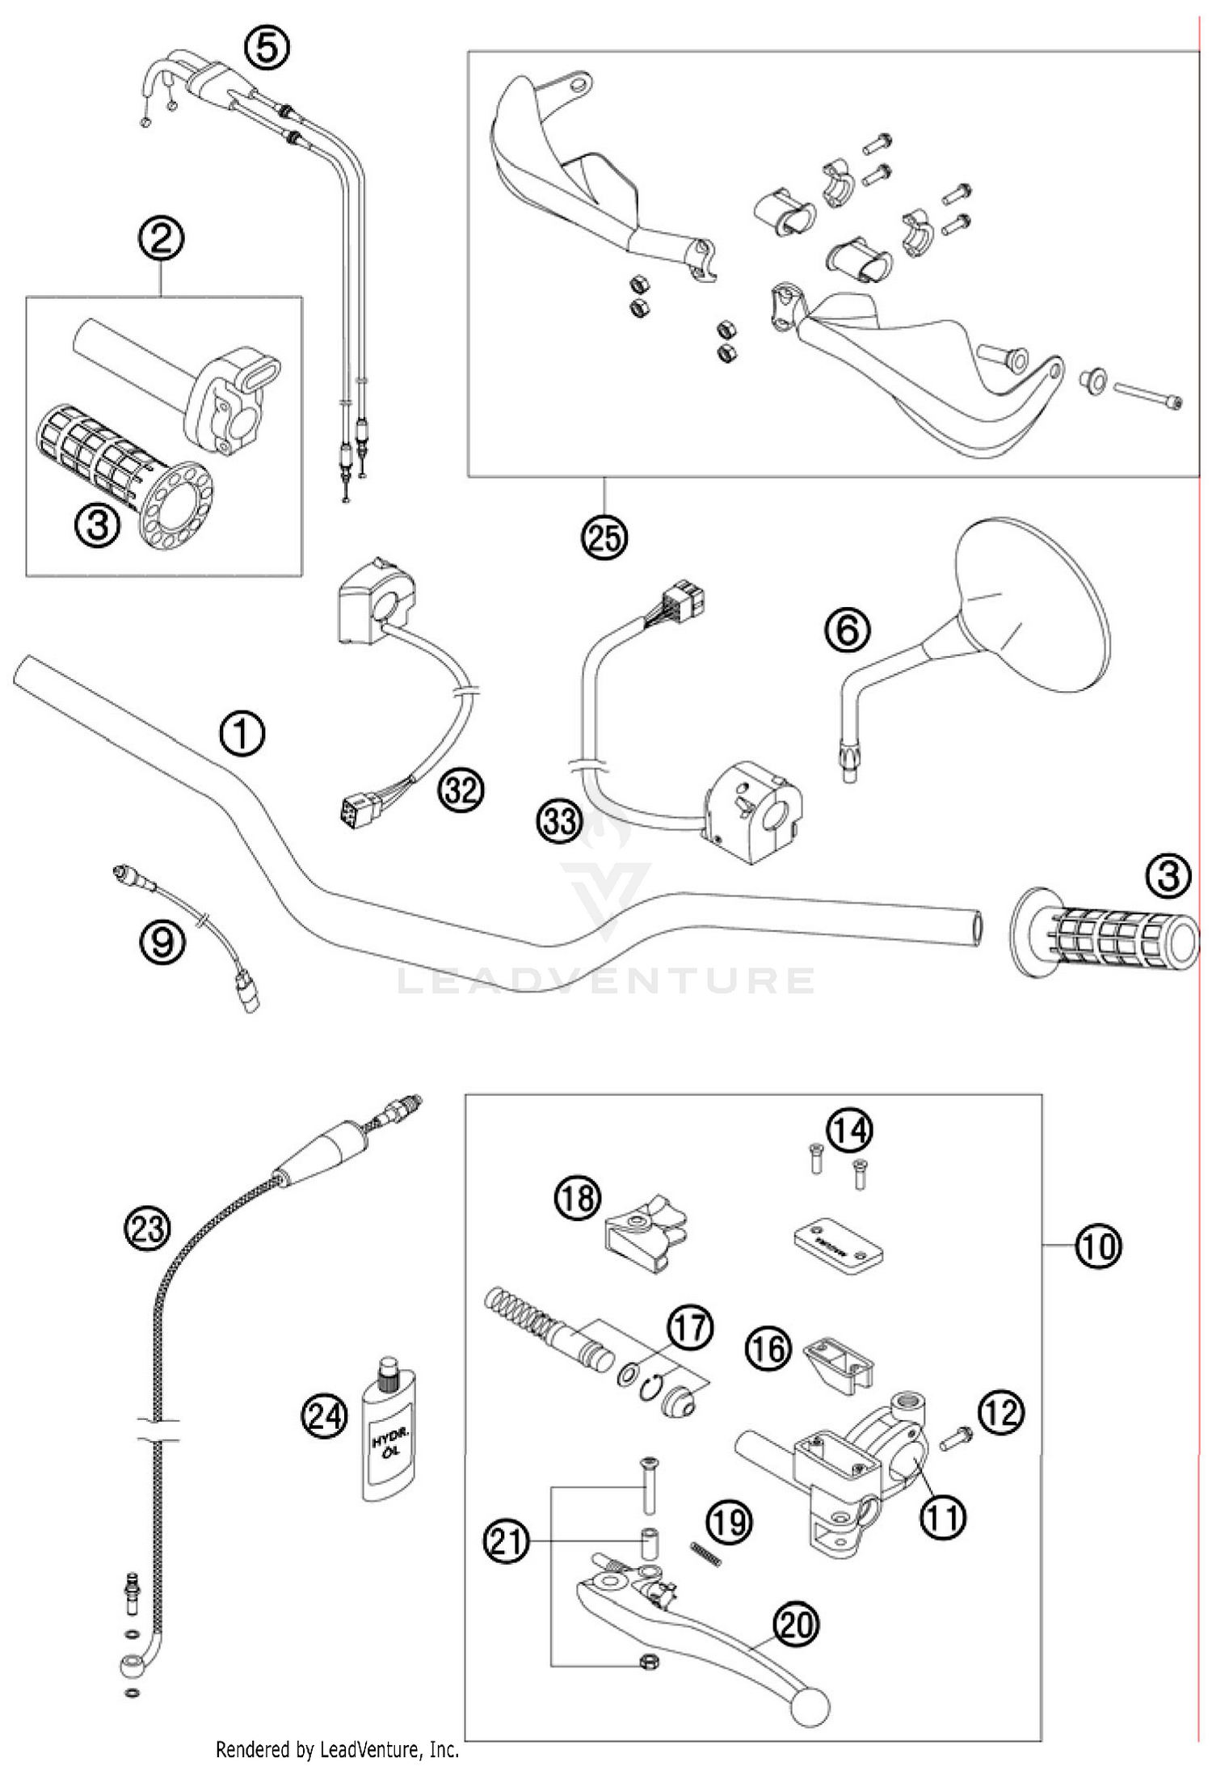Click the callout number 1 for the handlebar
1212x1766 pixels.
tap(242, 734)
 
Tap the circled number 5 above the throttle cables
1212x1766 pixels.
tap(267, 48)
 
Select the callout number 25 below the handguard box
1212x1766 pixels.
tap(604, 536)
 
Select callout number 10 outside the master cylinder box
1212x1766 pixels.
tap(1098, 1245)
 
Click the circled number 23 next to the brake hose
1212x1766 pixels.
tap(147, 1229)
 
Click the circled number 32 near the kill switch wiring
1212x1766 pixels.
tap(461, 790)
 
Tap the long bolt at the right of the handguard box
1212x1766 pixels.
tap(1147, 396)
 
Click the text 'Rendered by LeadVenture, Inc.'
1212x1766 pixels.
tap(337, 1750)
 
